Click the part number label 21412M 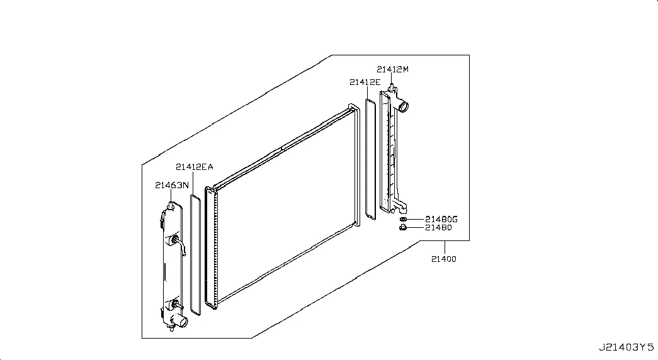[x=392, y=69]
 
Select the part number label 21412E [x=365, y=82]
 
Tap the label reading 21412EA [x=195, y=167]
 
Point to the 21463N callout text [x=172, y=185]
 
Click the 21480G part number [x=441, y=219]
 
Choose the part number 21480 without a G [x=438, y=227]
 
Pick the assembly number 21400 [x=443, y=259]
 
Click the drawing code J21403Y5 [x=626, y=347]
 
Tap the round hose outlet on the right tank [x=403, y=106]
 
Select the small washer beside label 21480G [x=403, y=220]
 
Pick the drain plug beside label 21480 [x=403, y=228]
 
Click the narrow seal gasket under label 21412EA [x=196, y=254]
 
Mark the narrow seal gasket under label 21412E [x=370, y=159]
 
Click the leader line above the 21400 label [x=445, y=248]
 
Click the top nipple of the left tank [x=171, y=206]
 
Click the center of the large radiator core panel [x=285, y=206]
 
